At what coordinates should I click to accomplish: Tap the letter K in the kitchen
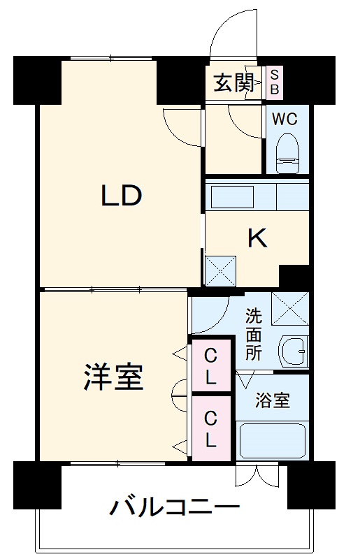pyautogui.click(x=257, y=239)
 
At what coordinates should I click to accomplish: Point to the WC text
pyautogui.click(x=285, y=119)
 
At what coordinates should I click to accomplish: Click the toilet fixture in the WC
pyautogui.click(x=287, y=153)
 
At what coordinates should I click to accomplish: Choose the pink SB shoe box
pyautogui.click(x=274, y=82)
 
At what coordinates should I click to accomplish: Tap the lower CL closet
pyautogui.click(x=210, y=429)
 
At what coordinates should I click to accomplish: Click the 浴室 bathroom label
pyautogui.click(x=272, y=401)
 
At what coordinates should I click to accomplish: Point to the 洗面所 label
pyautogui.click(x=253, y=334)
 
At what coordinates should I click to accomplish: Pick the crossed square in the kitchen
pyautogui.click(x=221, y=271)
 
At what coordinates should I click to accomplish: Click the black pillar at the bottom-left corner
pyautogui.click(x=37, y=485)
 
